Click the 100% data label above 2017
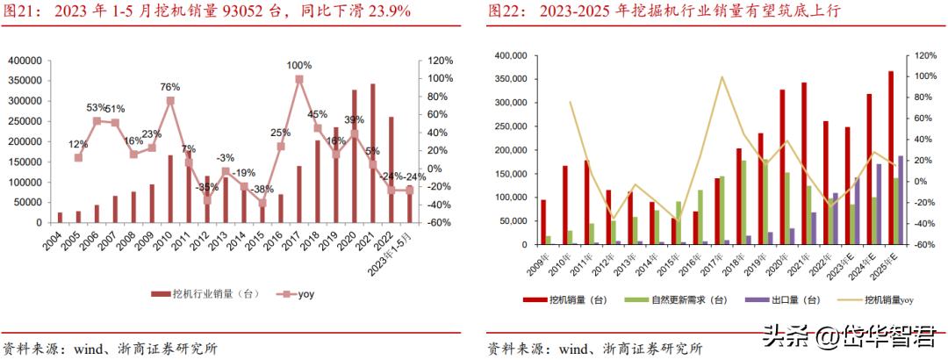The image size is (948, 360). click(x=299, y=65)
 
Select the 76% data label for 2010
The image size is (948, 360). click(x=169, y=87)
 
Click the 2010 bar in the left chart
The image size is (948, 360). click(x=169, y=189)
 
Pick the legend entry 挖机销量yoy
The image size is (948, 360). click(x=887, y=300)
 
